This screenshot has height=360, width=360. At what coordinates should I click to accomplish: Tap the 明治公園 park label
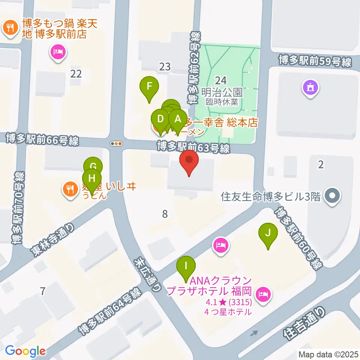(x=222, y=92)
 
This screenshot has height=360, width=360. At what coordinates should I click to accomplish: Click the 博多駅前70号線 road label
(x=18, y=208)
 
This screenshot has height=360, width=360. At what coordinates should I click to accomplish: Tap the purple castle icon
(x=311, y=88)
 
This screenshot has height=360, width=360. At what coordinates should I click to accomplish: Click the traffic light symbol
(x=117, y=143)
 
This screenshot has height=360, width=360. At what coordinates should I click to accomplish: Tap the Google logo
(x=25, y=351)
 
